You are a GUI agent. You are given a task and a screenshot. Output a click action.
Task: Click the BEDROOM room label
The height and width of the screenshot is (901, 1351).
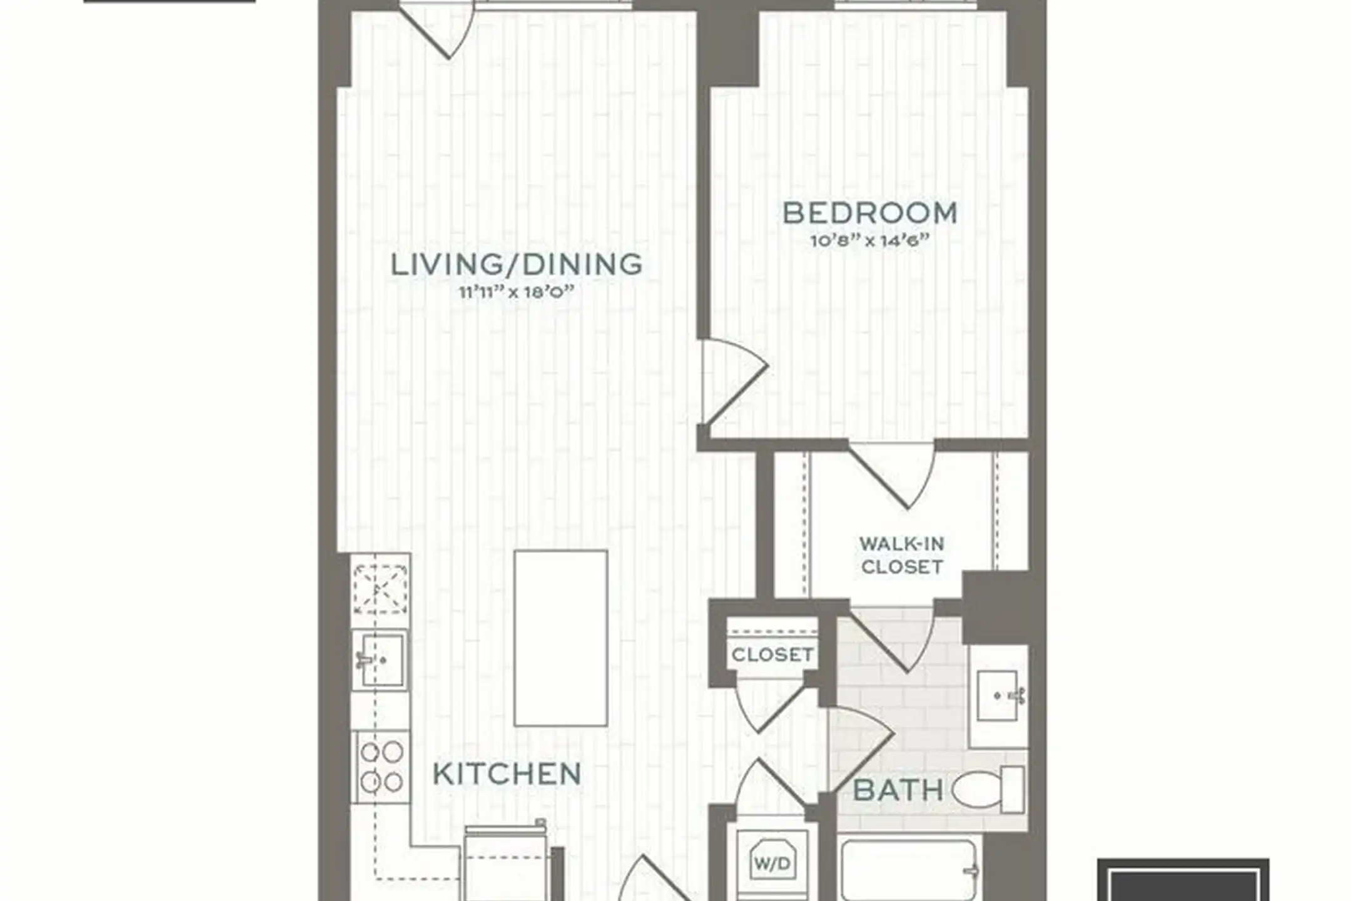tap(870, 213)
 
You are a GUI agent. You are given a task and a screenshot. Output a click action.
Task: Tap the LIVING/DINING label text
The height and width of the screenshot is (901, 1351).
tap(517, 265)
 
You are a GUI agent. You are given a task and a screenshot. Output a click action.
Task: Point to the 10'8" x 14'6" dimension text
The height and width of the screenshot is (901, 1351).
tap(870, 241)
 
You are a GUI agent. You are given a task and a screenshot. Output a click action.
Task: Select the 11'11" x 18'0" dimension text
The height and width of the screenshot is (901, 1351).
tap(517, 292)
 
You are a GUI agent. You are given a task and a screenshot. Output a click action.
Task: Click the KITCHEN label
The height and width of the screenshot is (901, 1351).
tap(507, 775)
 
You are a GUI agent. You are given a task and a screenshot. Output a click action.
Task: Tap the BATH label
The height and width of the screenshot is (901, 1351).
tap(898, 791)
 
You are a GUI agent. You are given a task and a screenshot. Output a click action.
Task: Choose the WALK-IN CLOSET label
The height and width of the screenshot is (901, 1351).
tap(902, 556)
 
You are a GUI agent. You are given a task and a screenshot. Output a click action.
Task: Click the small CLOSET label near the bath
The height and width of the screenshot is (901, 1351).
tap(773, 655)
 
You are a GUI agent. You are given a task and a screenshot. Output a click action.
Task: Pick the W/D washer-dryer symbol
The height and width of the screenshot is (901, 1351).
tap(772, 864)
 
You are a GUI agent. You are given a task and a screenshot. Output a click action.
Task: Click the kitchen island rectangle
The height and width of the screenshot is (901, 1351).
tap(561, 638)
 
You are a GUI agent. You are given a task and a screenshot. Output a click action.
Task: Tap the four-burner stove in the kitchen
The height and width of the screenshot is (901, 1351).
tap(381, 767)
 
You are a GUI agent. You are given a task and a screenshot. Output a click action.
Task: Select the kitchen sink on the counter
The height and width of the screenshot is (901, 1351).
tap(379, 659)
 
